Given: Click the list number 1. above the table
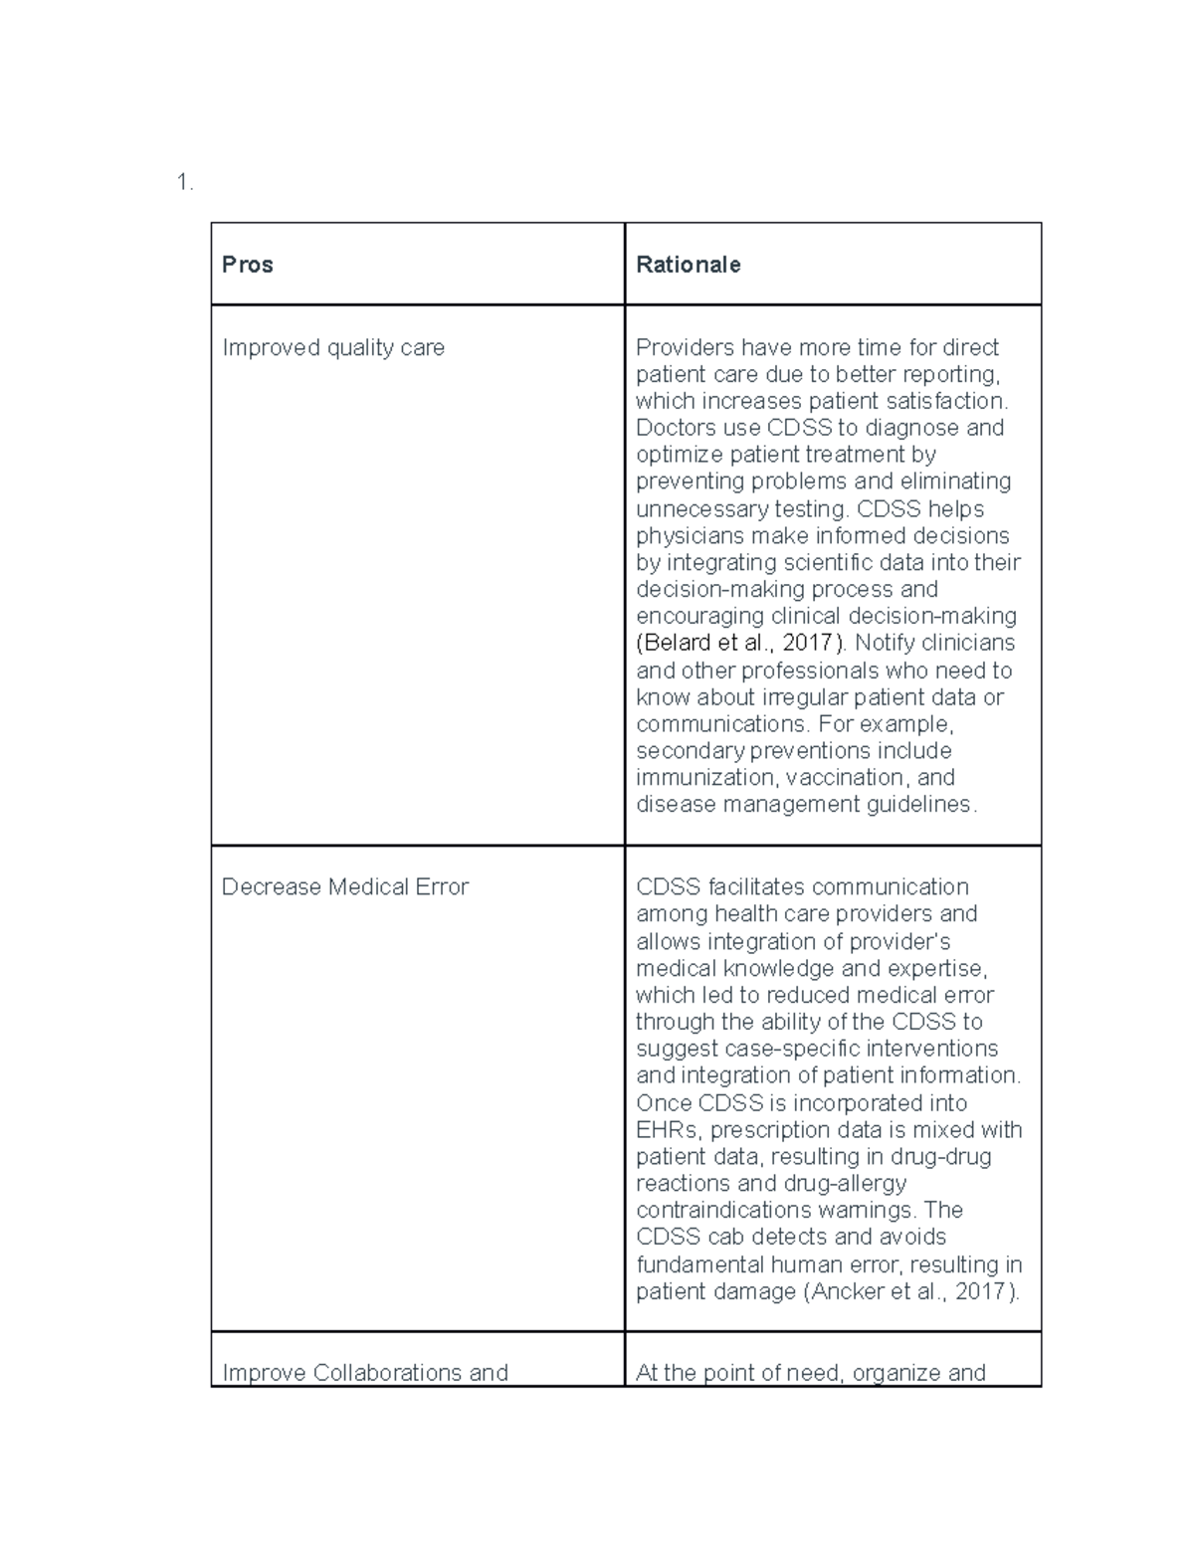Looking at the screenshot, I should [184, 182].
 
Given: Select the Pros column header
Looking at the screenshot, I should [247, 265].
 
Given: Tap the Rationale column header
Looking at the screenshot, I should [688, 265].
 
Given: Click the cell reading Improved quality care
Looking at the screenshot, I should [332, 347].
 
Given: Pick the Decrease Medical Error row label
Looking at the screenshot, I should [344, 886].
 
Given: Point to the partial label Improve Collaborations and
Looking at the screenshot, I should [364, 1372].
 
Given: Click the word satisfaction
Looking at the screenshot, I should [955, 401].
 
